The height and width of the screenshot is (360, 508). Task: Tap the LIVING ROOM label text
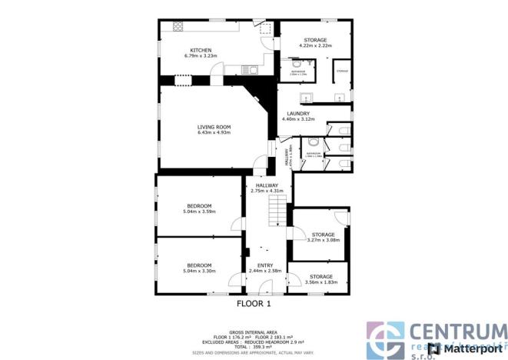tap(214, 127)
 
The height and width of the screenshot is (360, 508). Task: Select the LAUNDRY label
tap(299, 114)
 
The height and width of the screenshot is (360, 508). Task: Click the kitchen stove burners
tap(178, 26)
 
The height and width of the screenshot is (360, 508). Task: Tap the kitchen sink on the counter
tap(250, 70)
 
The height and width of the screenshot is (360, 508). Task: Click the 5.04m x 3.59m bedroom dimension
tap(199, 212)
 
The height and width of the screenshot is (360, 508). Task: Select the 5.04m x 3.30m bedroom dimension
tap(199, 271)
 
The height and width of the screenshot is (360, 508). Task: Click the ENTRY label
tap(265, 265)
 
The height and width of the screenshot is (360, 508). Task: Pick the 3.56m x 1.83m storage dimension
tap(320, 282)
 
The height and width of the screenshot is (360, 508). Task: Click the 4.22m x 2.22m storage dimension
tap(315, 45)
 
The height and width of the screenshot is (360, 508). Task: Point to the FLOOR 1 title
tap(254, 304)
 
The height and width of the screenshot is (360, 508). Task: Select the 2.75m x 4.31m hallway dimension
tap(267, 190)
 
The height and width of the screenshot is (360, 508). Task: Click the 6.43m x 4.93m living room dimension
tap(214, 133)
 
